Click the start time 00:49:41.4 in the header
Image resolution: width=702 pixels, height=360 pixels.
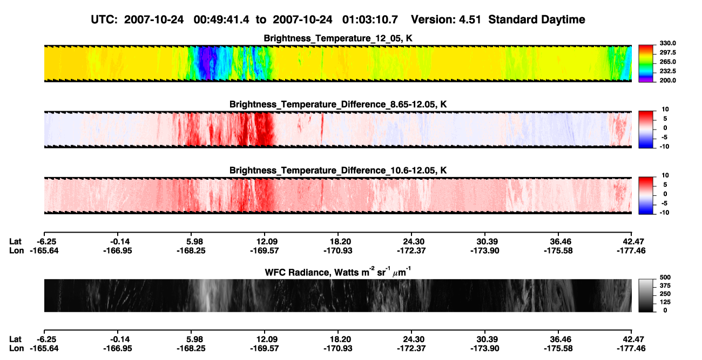(221, 20)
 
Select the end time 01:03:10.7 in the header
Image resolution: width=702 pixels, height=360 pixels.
(370, 20)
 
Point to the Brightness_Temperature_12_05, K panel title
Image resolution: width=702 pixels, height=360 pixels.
(338, 38)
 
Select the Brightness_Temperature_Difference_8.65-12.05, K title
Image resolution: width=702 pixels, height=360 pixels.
(338, 104)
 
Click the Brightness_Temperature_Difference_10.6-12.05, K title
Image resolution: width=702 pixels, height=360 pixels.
(338, 171)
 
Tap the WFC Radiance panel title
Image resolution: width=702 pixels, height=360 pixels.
(338, 272)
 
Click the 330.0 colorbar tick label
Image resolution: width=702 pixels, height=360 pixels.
(667, 43)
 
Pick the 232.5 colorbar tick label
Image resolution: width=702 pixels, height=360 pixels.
(667, 71)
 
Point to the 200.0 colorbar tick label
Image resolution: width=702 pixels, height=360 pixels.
(667, 80)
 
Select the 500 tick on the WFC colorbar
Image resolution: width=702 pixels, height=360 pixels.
(665, 277)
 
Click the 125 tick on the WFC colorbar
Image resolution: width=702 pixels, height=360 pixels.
(665, 302)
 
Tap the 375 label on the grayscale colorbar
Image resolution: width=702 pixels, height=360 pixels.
(665, 286)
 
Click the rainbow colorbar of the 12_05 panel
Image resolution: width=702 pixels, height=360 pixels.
(646, 64)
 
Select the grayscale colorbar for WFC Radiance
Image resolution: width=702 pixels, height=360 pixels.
(646, 295)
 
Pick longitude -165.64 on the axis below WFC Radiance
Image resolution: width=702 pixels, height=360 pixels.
(44, 349)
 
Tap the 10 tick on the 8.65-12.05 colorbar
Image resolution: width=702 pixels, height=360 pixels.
(665, 110)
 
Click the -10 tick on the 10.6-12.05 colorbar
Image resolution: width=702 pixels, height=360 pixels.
(664, 213)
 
